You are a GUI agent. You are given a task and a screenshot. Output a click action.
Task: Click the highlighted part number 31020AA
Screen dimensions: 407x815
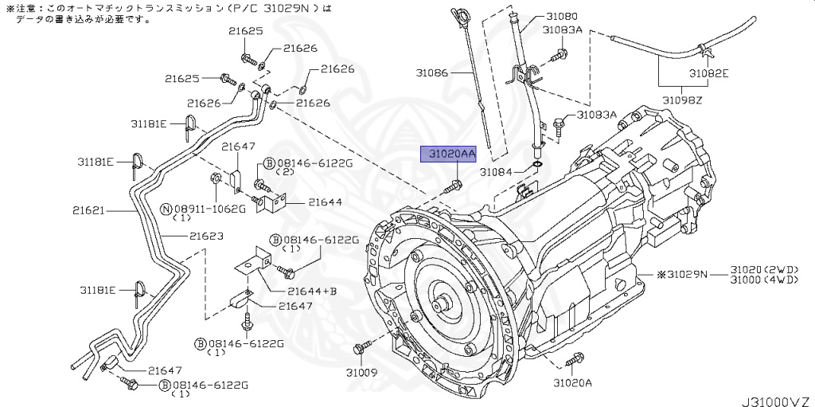pos(448,154)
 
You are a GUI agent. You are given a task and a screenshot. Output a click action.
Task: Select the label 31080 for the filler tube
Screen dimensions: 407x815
pos(562,16)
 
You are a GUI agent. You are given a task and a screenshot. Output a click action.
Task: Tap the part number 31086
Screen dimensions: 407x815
pos(433,72)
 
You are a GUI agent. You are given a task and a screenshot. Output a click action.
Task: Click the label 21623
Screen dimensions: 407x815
pos(206,237)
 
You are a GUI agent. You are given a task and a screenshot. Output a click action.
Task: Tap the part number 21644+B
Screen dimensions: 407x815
pos(312,291)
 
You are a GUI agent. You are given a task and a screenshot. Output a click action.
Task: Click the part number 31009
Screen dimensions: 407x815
pos(361,371)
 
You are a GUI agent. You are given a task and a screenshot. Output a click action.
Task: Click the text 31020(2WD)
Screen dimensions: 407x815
pos(770,271)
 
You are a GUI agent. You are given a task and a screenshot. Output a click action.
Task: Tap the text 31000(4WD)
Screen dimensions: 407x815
pos(770,281)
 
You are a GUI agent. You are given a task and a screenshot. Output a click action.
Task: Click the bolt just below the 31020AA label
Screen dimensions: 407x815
pos(453,187)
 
